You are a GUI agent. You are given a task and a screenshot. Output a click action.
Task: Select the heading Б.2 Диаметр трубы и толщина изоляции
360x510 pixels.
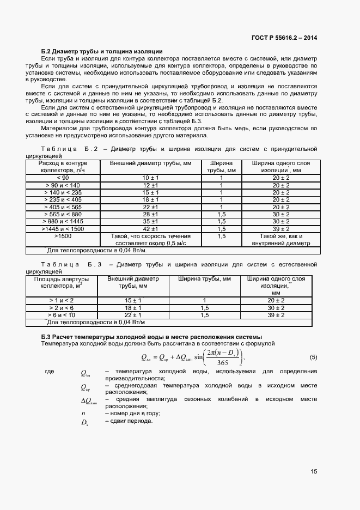coord(102,51)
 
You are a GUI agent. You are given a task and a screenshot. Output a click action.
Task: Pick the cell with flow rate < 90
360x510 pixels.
coord(63,178)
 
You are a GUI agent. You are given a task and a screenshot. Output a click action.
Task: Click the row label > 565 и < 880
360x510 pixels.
coord(63,215)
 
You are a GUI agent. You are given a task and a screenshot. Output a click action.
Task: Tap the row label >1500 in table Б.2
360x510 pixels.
coord(63,236)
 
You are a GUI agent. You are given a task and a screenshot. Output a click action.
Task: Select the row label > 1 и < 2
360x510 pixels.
coord(62,300)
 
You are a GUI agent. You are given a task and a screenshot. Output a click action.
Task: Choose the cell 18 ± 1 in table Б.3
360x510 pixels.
coord(133,307)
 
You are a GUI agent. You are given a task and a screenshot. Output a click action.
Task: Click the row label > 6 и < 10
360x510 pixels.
coord(62,315)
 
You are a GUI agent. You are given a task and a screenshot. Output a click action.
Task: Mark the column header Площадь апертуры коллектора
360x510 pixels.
coord(62,282)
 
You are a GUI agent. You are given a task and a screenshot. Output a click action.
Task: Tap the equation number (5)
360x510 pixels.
coord(313,357)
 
